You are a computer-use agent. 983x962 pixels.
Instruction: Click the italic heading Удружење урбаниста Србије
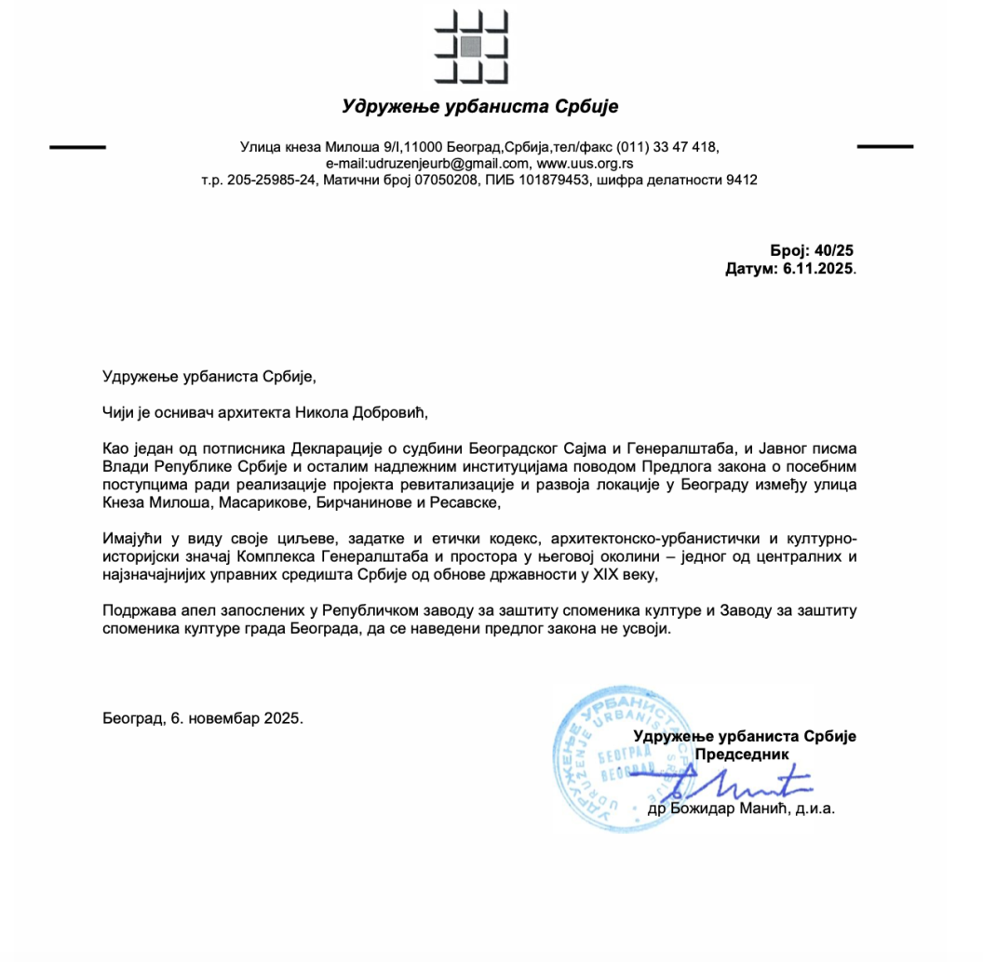tap(479, 106)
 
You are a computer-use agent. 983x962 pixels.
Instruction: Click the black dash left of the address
tap(77, 147)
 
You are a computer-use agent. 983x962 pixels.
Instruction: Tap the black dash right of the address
tap(884, 147)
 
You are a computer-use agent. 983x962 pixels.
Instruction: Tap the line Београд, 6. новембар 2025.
tap(203, 719)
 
